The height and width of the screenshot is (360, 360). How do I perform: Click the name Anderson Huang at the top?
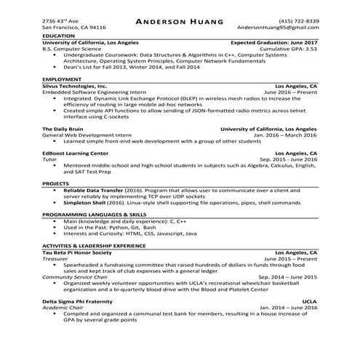tap(180, 21)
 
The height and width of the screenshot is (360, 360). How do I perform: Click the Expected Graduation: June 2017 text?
tap(274, 42)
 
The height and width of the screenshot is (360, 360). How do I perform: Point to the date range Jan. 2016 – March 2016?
tap(284, 135)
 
